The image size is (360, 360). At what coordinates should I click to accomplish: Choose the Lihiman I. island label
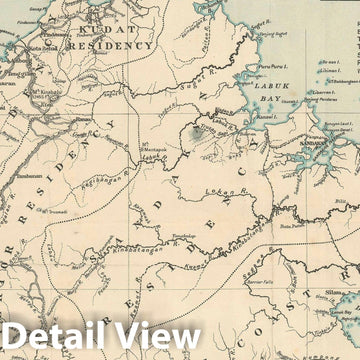tap(331, 72)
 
